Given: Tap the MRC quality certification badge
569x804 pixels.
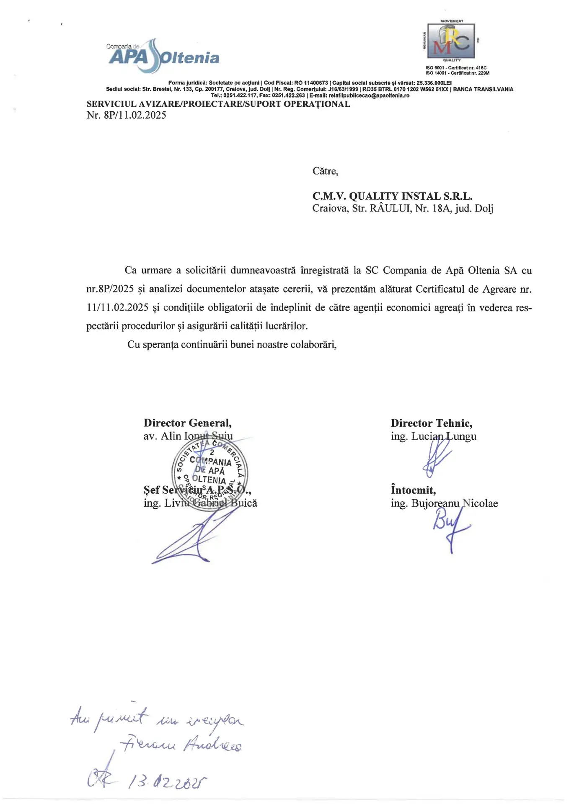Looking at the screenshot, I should [451, 41].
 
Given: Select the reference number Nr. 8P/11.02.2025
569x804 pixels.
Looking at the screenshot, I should [126, 115].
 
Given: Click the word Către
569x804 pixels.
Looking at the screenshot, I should [325, 171].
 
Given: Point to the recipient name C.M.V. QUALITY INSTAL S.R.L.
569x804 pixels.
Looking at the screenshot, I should [392, 196].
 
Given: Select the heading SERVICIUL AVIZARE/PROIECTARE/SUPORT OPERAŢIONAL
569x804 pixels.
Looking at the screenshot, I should [218, 104].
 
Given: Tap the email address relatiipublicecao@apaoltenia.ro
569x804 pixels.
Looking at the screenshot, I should [369, 95].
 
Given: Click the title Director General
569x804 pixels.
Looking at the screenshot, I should [187, 423].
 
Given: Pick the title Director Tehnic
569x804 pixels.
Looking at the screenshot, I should [431, 423].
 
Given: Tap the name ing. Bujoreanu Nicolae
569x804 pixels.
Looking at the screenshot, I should [444, 503].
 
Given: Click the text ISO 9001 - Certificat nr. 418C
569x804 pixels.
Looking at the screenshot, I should [456, 68].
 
